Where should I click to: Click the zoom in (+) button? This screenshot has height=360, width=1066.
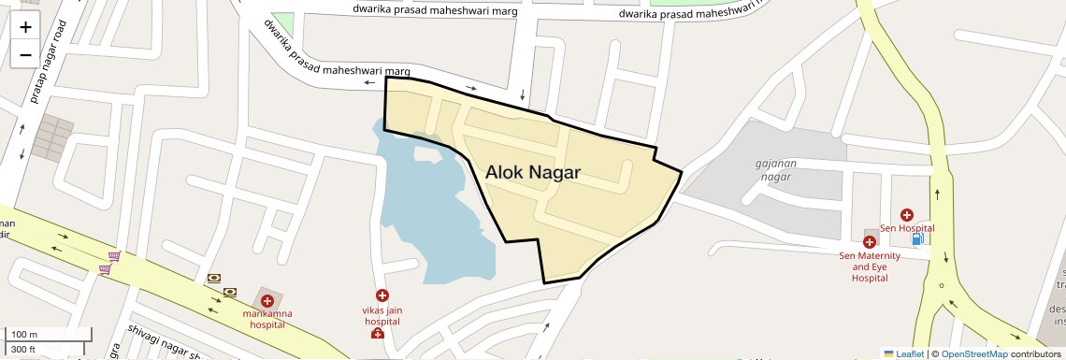[25, 27]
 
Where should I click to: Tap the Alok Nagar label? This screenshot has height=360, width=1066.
[533, 173]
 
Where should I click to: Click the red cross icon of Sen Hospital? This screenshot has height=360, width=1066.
[906, 215]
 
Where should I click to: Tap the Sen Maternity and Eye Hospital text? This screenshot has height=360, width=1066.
[869, 266]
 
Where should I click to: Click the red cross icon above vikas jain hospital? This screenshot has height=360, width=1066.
[382, 295]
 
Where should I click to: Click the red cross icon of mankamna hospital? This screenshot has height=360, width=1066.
[267, 301]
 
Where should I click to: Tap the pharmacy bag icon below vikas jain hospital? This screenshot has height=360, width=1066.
[377, 334]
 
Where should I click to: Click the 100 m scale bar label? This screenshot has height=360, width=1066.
[24, 335]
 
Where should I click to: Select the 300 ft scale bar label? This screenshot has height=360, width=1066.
[24, 349]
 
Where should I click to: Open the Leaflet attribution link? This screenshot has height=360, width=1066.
[904, 353]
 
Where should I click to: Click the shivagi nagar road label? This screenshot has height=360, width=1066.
[164, 341]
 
